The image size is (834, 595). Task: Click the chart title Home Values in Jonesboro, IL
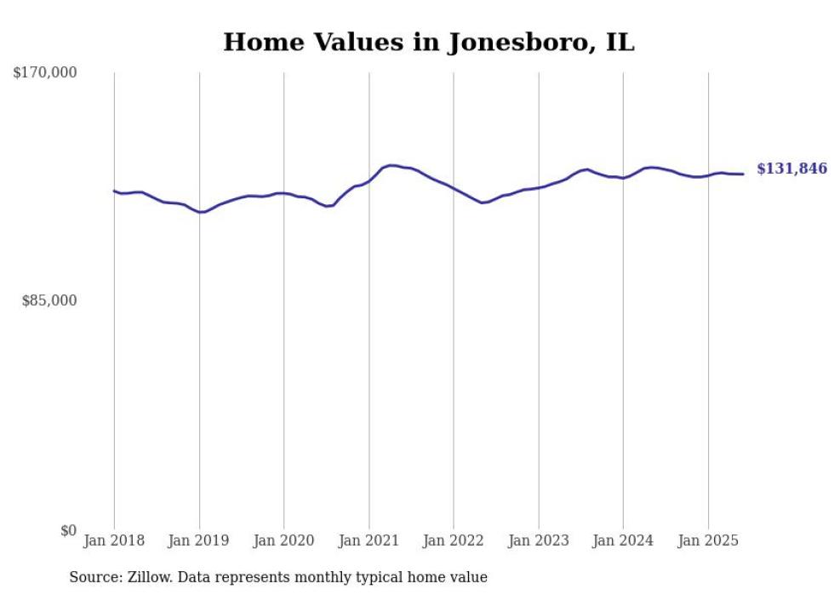[x=428, y=43]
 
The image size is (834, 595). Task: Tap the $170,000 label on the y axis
[x=45, y=73]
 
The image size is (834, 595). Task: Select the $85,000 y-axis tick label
[x=49, y=300]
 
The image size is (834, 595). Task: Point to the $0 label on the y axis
[x=68, y=530]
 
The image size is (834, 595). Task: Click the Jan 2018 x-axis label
[x=114, y=541]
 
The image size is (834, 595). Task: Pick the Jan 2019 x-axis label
[x=198, y=541]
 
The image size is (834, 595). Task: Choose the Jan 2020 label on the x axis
[x=283, y=541]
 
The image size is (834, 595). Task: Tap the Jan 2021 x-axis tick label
[x=368, y=541]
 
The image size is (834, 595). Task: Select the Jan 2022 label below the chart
[x=454, y=541]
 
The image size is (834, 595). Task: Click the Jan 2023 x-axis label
[x=539, y=541]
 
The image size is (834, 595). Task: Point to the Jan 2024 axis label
[x=623, y=541]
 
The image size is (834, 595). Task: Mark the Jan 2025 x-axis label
[x=708, y=541]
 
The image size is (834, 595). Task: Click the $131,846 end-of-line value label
[x=791, y=169]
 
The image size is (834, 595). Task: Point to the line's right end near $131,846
[x=743, y=174]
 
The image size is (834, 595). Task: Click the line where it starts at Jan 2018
[x=115, y=191]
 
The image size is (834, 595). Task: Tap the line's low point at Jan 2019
[x=200, y=212]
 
